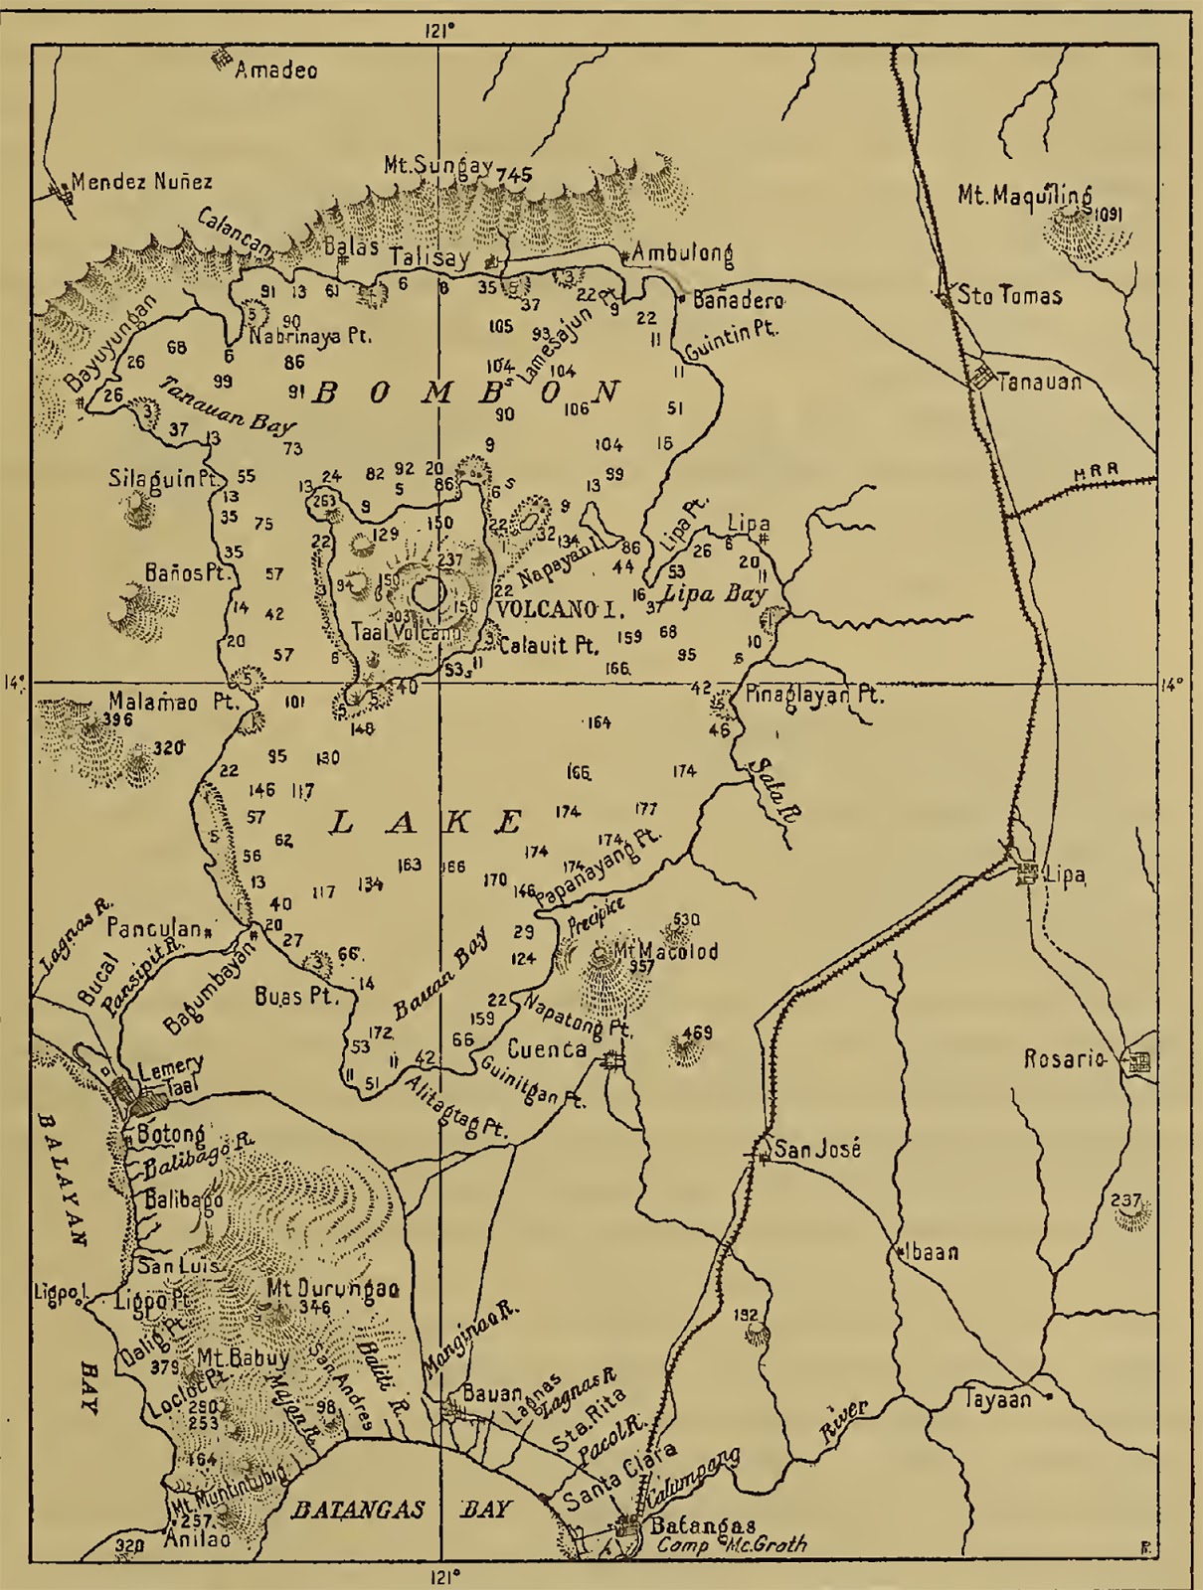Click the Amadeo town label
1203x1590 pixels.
pos(275,70)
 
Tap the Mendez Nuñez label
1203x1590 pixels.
pos(141,182)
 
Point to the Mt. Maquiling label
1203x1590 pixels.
pos(1024,195)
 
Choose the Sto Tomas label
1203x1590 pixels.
pos(1008,295)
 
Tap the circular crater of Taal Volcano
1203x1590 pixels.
pos(430,594)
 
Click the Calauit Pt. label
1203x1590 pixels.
pos(548,646)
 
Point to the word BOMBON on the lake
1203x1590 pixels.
pos(465,393)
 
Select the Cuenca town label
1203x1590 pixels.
pos(546,1049)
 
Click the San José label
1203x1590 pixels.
pos(816,1150)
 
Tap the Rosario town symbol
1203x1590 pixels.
pos(1138,1061)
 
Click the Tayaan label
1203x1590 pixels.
pos(997,1399)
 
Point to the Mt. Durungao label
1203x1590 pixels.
pos(332,1289)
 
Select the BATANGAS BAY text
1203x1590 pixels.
pos(398,1510)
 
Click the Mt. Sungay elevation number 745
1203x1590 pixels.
pos(514,174)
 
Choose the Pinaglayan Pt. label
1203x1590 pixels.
pos(813,695)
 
